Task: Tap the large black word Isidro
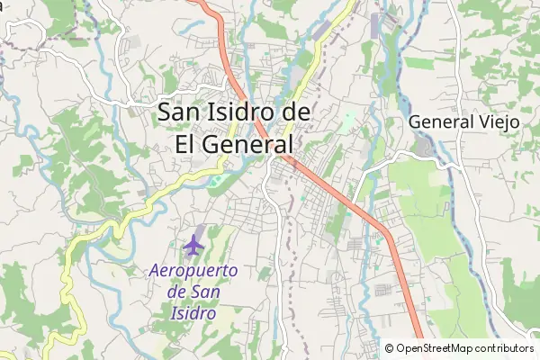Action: click(245, 112)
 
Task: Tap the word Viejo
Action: click(499, 121)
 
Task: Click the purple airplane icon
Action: click(193, 243)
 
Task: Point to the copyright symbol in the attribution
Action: click(391, 348)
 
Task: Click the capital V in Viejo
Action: click(483, 121)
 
